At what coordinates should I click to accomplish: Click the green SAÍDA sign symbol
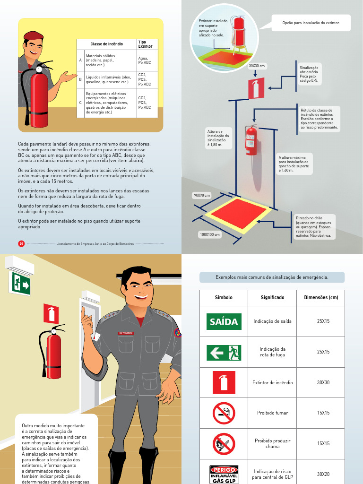(224, 321)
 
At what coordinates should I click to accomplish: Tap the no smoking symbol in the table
(224, 413)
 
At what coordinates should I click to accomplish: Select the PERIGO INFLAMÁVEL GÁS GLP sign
(224, 474)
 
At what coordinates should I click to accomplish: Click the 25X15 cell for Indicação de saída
(323, 321)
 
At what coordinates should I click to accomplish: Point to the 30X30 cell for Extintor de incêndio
(323, 382)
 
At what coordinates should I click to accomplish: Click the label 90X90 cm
(202, 195)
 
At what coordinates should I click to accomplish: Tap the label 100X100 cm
(210, 234)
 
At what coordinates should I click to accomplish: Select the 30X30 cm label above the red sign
(257, 66)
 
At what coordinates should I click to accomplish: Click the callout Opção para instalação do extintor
(311, 23)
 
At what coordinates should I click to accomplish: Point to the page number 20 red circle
(21, 243)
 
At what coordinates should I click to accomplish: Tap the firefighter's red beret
(33, 35)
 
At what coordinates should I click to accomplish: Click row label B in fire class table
(80, 79)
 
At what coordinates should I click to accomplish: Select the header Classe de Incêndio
(106, 44)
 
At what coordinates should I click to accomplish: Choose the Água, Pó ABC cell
(144, 60)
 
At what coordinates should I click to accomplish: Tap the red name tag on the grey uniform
(126, 333)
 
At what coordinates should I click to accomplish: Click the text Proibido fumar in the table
(272, 413)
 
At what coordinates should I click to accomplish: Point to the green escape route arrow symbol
(224, 352)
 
